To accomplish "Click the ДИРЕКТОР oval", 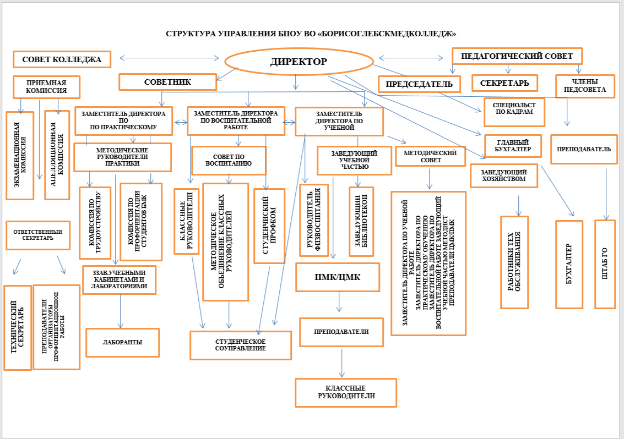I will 298,61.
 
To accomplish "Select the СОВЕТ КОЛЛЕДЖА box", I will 62,59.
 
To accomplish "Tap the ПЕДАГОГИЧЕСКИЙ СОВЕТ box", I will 516,56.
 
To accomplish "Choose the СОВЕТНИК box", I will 167,82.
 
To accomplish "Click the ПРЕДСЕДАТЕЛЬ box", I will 419,84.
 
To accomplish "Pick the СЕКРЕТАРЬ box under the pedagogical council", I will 504,83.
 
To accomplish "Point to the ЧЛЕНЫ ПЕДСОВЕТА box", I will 584,85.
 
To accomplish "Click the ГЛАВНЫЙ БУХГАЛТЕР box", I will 513,144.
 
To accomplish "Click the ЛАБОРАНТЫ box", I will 122,342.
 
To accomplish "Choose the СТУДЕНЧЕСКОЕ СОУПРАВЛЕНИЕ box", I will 240,345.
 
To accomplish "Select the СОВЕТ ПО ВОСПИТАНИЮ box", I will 221,160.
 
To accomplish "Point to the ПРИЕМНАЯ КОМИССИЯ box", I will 46,87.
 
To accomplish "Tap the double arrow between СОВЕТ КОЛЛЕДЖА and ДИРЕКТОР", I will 170,57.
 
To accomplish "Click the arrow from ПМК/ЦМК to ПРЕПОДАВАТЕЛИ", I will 339,300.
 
